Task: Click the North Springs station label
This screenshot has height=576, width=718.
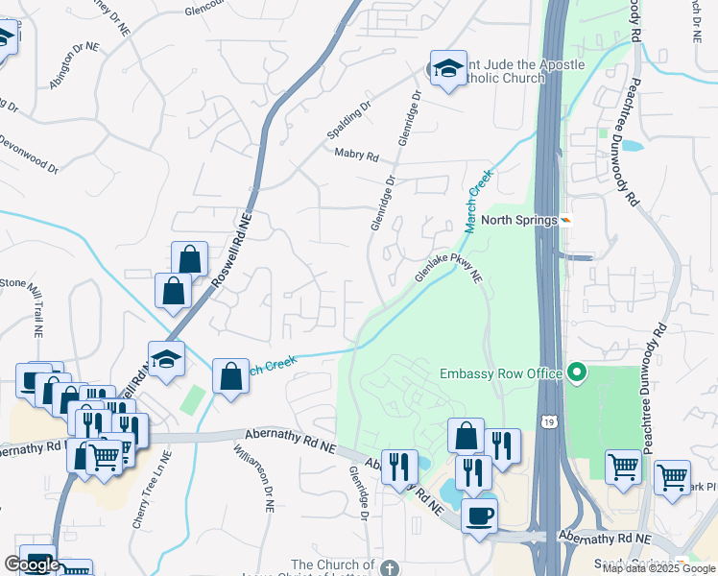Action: pos(519,220)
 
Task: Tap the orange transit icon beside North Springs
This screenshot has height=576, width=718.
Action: pos(566,220)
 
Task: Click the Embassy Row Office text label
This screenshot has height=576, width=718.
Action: pos(500,372)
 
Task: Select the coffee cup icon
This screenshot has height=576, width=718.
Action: pos(479,515)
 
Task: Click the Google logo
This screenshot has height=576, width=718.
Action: pos(33,564)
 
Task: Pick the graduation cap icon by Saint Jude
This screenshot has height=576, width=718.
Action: pos(447,69)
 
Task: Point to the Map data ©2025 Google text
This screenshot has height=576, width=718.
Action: pos(658,568)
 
